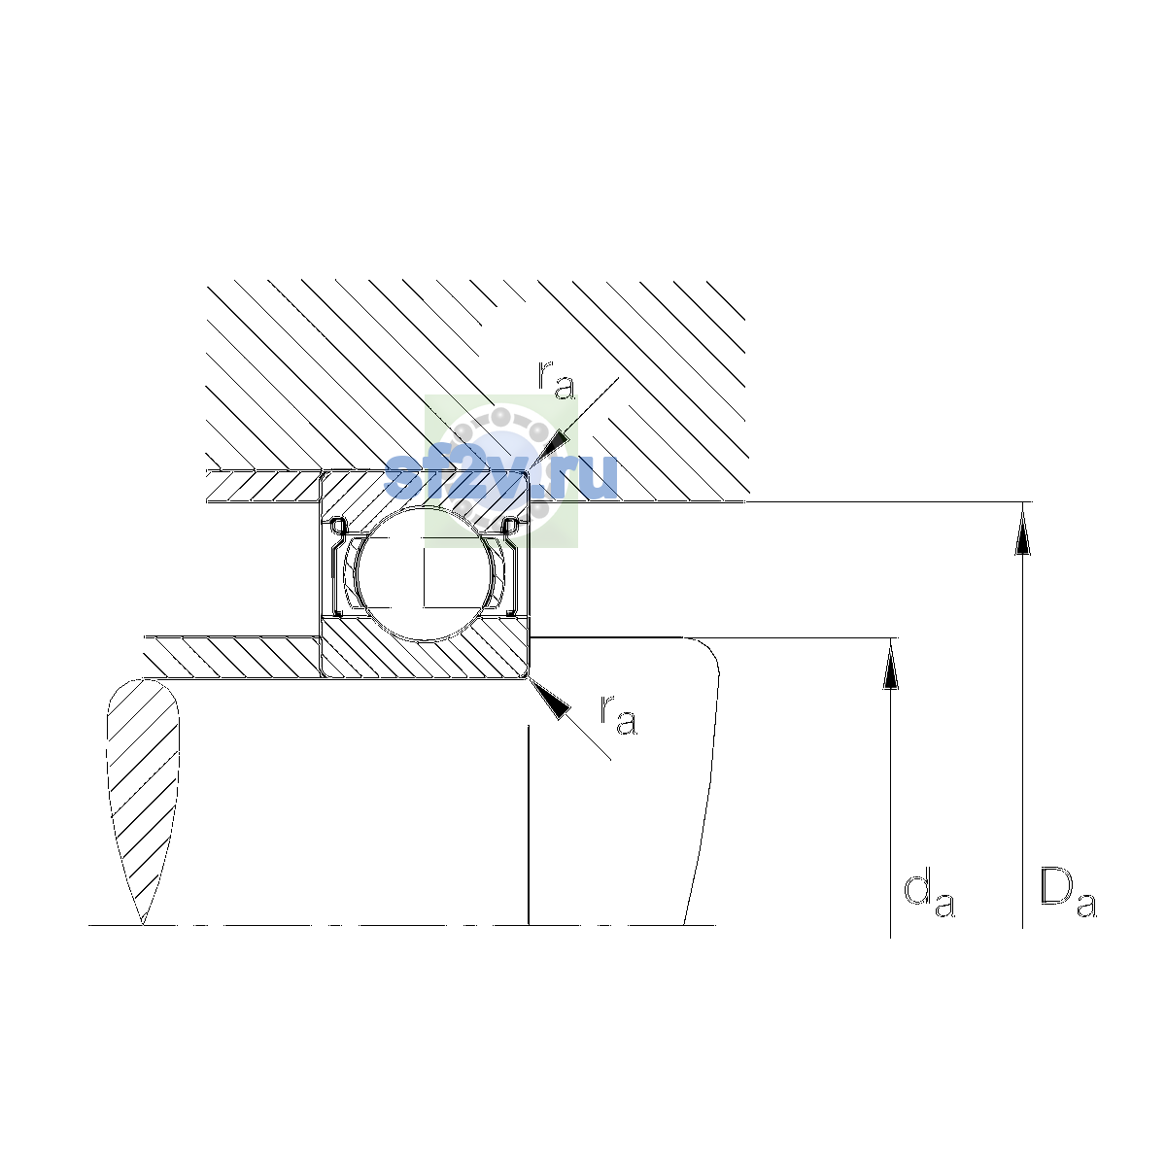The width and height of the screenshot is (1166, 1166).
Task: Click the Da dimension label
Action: pyautogui.click(x=1068, y=893)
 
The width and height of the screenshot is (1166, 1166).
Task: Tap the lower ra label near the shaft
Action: pyautogui.click(x=618, y=715)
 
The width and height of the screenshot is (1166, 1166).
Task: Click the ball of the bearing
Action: pyautogui.click(x=425, y=573)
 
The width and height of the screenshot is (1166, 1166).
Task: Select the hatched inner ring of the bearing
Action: pyautogui.click(x=425, y=647)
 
